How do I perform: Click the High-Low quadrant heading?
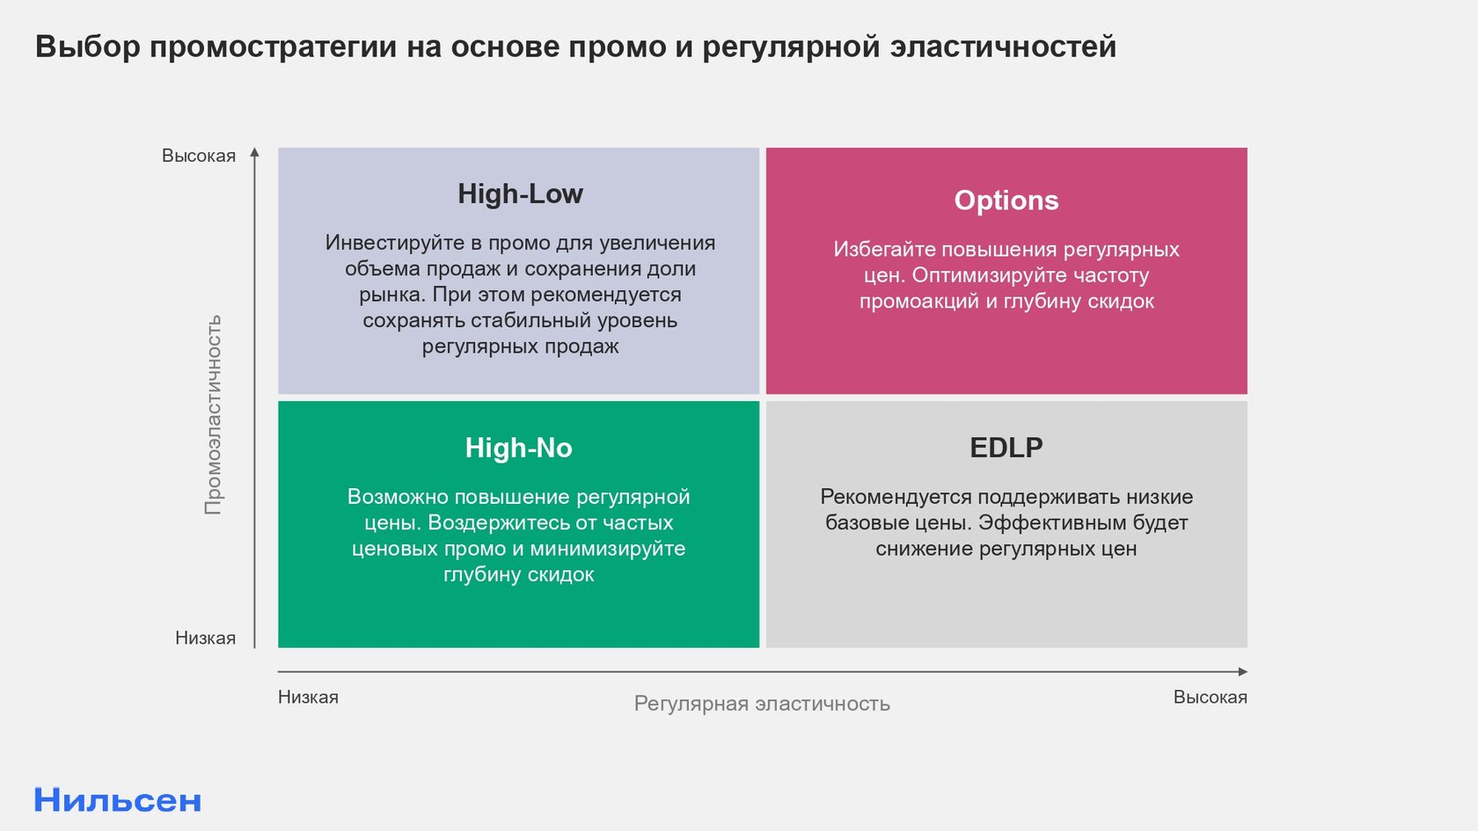520,193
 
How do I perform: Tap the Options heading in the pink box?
1006,200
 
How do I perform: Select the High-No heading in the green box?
519,448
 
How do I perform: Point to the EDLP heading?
1006,448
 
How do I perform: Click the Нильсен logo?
118,800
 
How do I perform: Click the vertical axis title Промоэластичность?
213,414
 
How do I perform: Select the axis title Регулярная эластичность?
762,703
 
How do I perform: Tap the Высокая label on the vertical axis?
199,156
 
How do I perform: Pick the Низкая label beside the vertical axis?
205,638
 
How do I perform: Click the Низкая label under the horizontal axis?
308,697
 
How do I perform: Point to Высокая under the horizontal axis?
1211,697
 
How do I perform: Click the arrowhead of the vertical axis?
255,152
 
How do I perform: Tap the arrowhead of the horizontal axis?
1243,672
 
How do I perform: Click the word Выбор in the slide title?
88,47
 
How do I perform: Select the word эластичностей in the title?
1003,47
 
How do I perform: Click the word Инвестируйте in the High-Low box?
394,243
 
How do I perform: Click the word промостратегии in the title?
273,47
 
